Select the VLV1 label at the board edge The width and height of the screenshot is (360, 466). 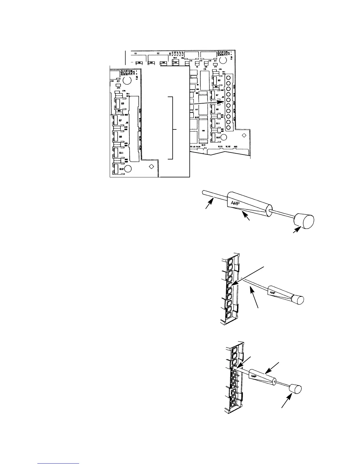point(220,146)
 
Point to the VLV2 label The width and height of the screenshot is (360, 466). point(228,146)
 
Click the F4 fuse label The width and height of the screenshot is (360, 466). point(205,148)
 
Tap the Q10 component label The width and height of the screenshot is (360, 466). point(196,117)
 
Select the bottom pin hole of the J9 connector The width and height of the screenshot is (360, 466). point(228,127)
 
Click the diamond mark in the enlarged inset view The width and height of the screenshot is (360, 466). point(151,167)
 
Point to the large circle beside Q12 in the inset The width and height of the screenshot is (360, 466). point(128,169)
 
